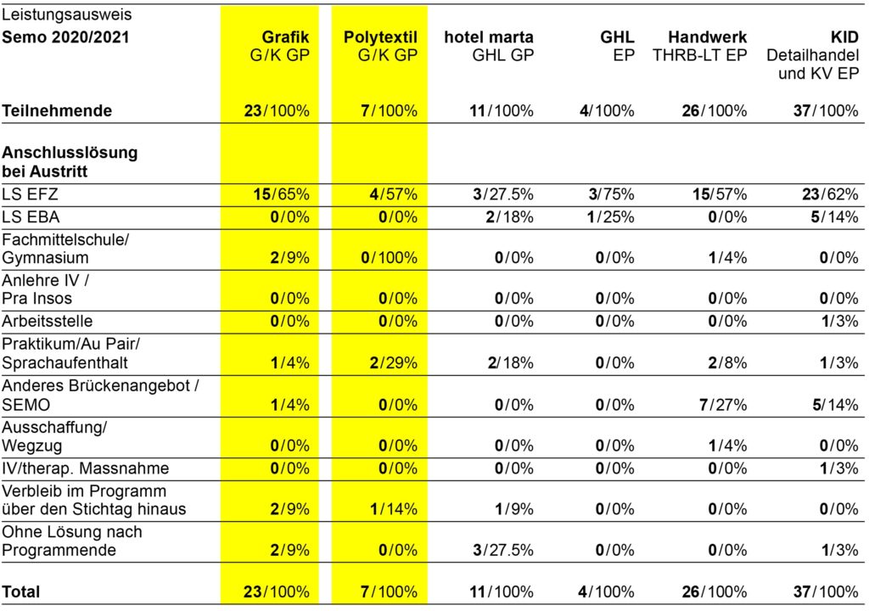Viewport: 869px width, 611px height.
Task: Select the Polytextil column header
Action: click(x=380, y=37)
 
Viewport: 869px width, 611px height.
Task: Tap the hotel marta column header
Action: click(x=489, y=37)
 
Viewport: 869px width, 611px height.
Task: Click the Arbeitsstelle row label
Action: click(x=48, y=322)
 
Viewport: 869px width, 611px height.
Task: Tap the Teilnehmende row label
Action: click(x=57, y=110)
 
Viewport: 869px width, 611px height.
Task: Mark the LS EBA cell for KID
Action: click(x=835, y=216)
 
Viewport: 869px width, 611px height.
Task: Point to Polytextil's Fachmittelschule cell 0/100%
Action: click(x=387, y=258)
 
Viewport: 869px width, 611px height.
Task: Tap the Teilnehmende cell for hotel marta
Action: click(x=502, y=110)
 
